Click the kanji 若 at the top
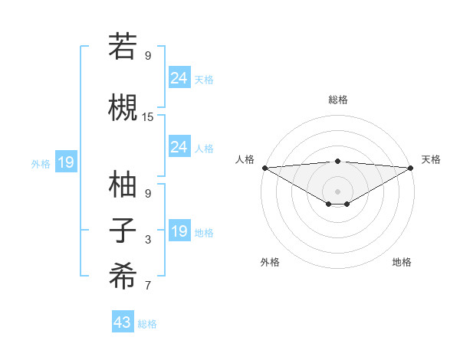click(123, 47)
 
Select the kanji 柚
click(123, 185)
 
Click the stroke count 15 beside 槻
click(148, 117)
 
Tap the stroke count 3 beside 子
click(148, 241)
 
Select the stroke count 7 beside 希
click(148, 286)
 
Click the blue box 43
click(123, 322)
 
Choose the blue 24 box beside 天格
click(179, 77)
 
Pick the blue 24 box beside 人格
click(179, 146)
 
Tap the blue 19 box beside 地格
click(179, 231)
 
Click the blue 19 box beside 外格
click(65, 162)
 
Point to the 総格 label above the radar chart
click(338, 100)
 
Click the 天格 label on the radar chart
click(431, 159)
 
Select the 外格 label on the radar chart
click(270, 262)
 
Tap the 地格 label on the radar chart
click(402, 262)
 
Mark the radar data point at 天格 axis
click(411, 168)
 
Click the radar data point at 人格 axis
click(264, 168)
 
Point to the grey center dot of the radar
click(337, 191)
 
